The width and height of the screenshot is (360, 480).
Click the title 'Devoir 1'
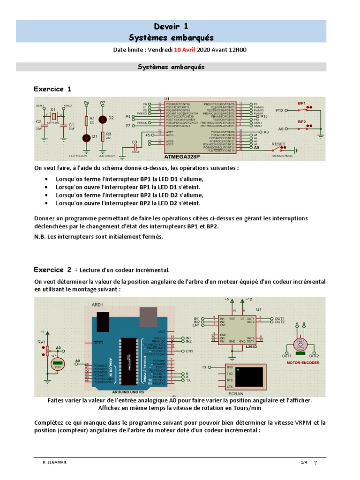[171, 27]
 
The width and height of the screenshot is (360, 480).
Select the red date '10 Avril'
[185, 50]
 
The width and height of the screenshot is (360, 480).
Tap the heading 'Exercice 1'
[52, 89]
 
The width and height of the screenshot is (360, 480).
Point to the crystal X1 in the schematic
[53, 116]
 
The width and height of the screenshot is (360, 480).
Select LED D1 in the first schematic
[86, 137]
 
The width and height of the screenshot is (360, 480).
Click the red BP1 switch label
[301, 103]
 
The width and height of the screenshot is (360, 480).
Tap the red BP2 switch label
[301, 121]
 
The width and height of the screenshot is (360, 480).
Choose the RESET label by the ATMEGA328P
[278, 144]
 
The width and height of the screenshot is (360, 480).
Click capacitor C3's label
[134, 142]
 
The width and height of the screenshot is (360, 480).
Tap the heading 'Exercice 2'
[52, 270]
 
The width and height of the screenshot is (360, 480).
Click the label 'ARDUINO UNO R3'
[131, 390]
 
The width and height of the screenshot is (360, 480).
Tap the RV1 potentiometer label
[42, 342]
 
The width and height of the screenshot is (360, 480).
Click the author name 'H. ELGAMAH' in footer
[54, 463]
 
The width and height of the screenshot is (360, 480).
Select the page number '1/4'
[304, 463]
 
